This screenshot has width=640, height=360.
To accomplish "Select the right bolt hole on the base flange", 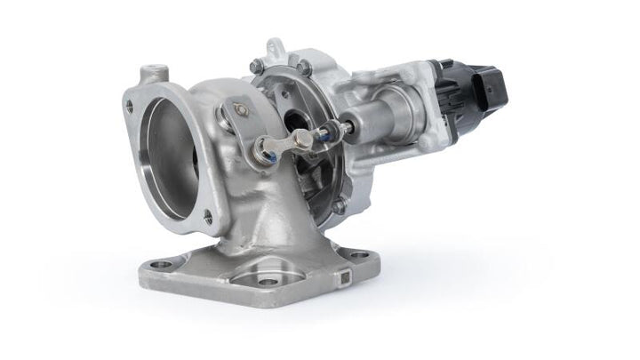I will tap(357, 255).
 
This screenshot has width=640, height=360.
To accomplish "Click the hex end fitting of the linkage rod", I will tap(303, 139).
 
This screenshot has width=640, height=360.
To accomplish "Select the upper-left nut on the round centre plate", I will tap(257, 65).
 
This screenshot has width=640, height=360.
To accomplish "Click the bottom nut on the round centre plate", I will tap(339, 206).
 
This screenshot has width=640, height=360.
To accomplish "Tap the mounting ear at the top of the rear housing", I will tap(276, 46).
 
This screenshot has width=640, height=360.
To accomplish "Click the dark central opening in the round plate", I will tap(297, 120).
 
